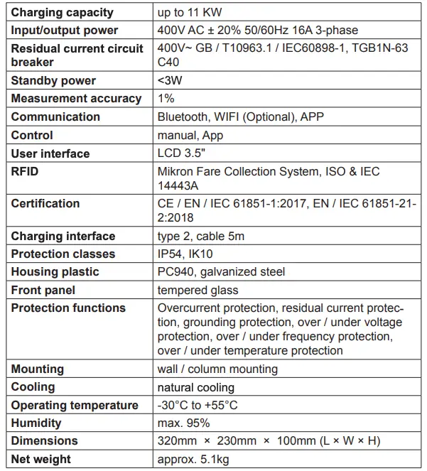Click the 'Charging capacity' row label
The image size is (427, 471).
(62, 12)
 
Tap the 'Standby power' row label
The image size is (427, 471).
(53, 80)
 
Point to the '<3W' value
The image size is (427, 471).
(169, 80)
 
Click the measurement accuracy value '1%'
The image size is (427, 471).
(166, 99)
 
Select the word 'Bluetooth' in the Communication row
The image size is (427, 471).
(181, 117)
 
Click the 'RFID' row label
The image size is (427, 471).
(26, 171)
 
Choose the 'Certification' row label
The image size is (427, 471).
(45, 203)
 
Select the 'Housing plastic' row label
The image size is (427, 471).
(55, 271)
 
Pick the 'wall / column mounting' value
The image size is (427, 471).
(217, 369)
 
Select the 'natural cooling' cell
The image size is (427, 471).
(195, 387)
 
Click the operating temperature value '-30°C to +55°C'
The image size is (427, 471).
(197, 405)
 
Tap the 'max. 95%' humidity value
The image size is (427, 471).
(183, 423)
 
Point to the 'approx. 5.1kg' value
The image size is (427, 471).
(193, 459)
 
